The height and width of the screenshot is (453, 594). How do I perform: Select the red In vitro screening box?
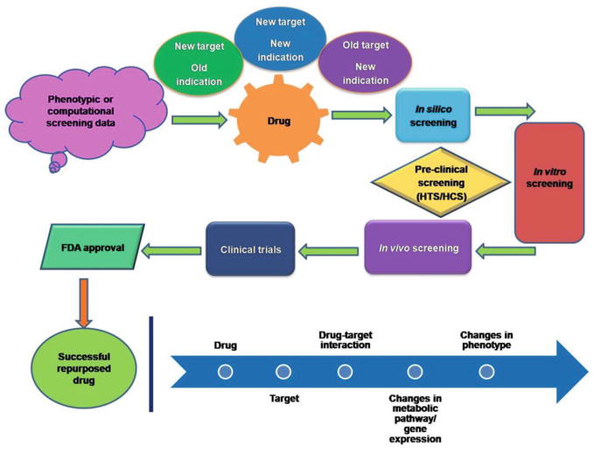tap(549, 182)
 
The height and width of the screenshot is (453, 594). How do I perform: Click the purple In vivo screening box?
tap(417, 248)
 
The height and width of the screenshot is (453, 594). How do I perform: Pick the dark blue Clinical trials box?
tap(250, 249)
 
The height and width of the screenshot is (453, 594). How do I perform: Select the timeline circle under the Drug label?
tap(225, 372)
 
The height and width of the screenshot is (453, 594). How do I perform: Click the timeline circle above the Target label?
tap(283, 372)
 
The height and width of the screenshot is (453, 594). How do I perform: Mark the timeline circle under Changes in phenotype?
tap(487, 372)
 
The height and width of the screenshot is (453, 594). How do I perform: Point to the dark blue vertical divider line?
tap(154, 364)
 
